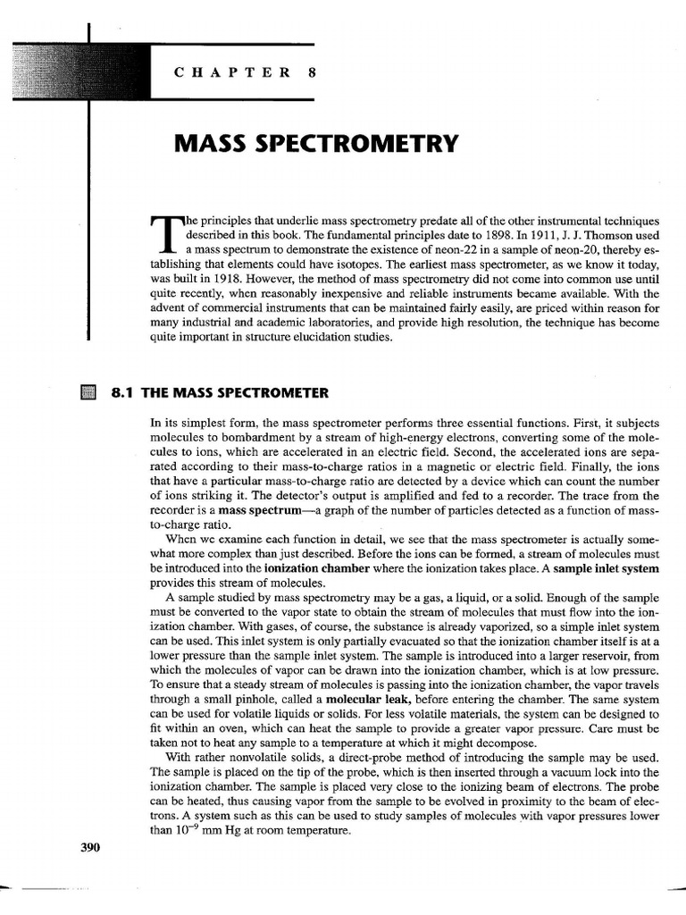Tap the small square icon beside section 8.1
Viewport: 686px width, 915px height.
pyautogui.click(x=87, y=393)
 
